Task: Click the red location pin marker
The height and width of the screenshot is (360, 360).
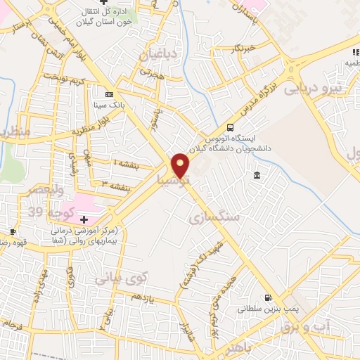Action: (181, 165)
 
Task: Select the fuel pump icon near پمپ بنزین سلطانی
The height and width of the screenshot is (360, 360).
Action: (267, 297)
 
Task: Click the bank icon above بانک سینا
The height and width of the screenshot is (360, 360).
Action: (108, 94)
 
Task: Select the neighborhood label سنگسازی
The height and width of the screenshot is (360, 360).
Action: (215, 219)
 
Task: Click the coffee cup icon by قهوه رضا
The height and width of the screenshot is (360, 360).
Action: (13, 232)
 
